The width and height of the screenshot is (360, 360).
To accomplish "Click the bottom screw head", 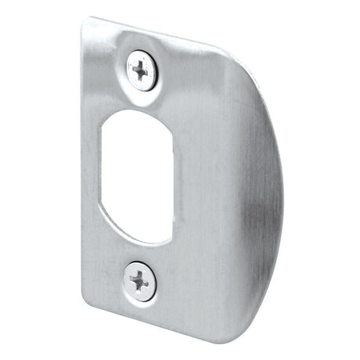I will pos(140,279).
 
